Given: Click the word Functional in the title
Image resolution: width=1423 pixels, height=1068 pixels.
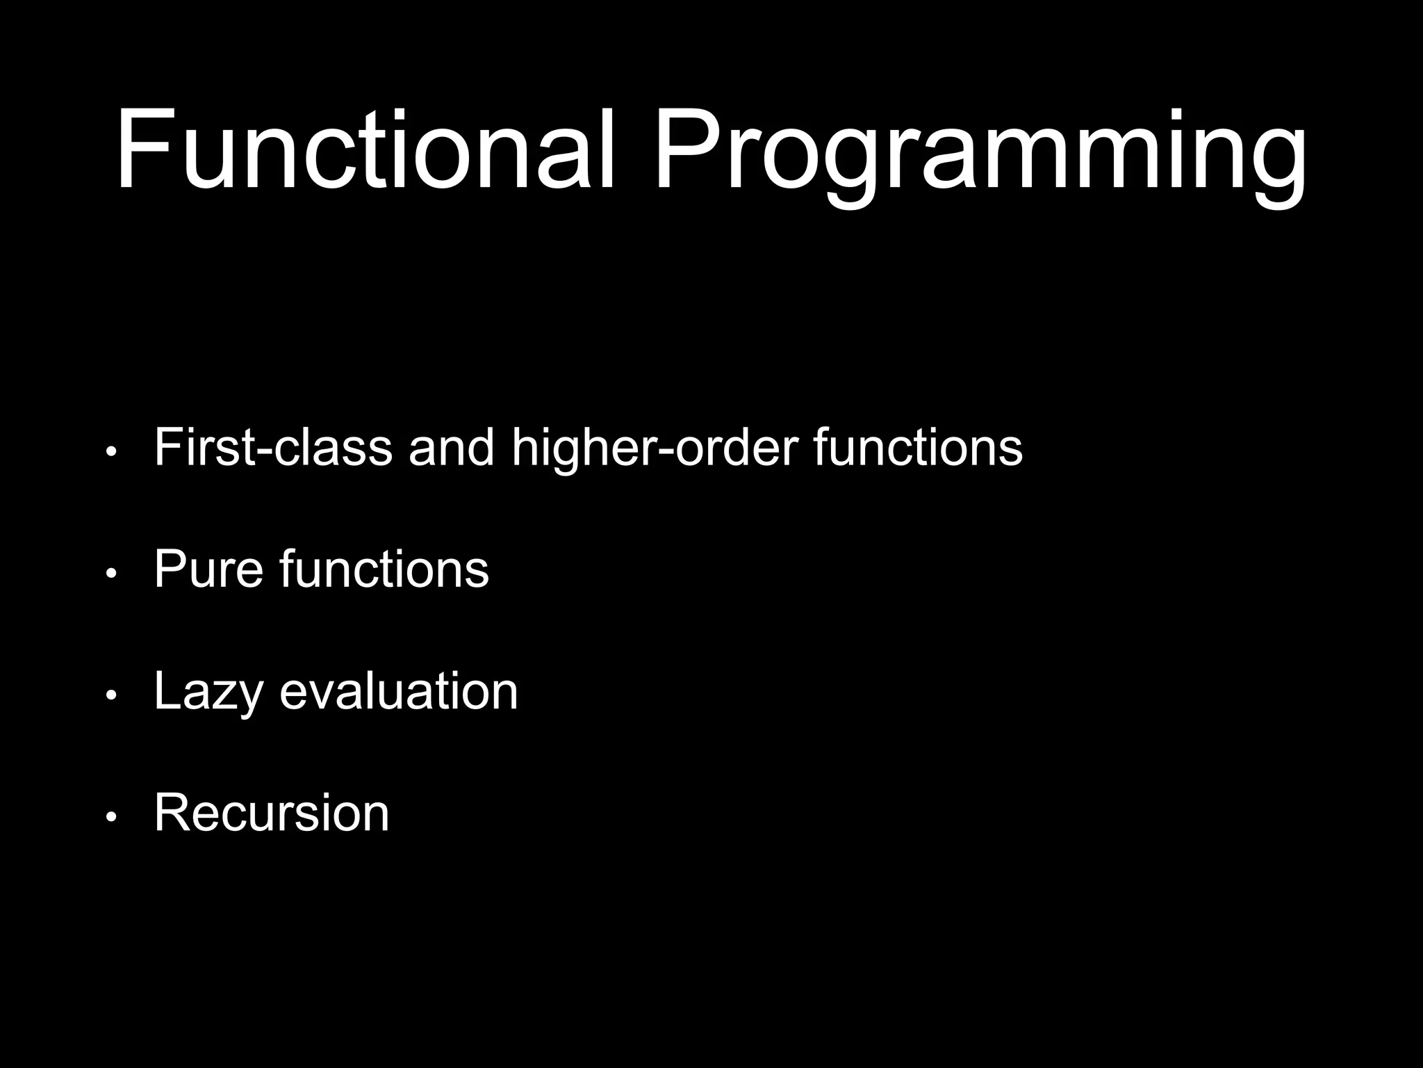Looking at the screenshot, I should click(x=365, y=149).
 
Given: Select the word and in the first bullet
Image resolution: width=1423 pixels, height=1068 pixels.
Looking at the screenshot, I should click(x=452, y=447).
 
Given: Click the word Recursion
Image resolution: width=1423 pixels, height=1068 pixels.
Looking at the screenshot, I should click(x=272, y=812).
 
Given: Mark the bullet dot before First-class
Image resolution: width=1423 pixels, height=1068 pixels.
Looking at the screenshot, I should click(x=110, y=453).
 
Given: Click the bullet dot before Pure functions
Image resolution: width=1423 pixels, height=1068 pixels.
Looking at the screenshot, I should click(x=110, y=574).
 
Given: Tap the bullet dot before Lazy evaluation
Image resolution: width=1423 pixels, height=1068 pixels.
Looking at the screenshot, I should click(x=110, y=696).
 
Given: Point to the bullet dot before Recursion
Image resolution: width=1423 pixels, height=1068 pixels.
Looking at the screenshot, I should click(x=110, y=818).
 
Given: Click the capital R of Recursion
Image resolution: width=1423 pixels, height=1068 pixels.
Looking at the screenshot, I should click(x=174, y=812).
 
